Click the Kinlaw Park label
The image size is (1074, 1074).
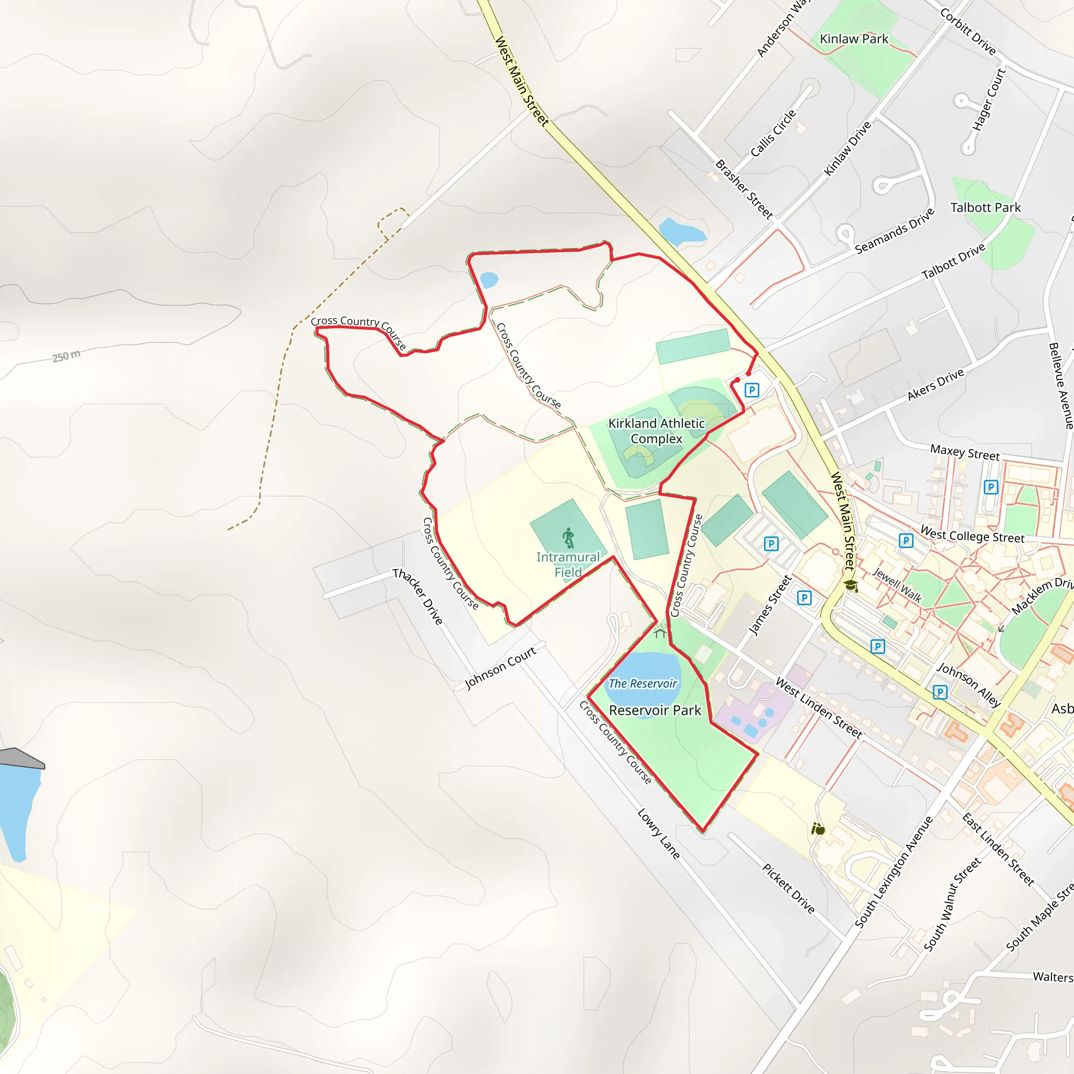854,39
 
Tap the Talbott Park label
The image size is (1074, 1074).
985,207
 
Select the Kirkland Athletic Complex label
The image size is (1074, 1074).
656,431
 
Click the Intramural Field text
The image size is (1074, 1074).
567,564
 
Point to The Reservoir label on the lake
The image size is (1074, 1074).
642,683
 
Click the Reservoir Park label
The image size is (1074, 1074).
655,711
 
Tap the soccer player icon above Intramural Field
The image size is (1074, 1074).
567,538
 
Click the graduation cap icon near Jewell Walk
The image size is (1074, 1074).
851,585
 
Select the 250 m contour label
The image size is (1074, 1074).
66,356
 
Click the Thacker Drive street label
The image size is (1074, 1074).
417,596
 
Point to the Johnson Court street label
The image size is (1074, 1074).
500,668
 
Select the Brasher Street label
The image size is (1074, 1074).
743,189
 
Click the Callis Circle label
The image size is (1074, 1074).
772,133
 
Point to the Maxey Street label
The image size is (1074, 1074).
964,452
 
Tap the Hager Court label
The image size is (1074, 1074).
989,100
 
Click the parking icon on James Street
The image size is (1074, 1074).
804,598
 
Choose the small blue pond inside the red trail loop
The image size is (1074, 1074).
489,280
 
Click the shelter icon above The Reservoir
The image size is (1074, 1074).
660,633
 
